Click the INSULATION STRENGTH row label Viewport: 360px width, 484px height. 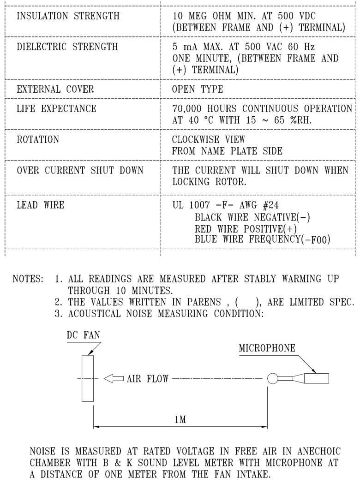point(68,16)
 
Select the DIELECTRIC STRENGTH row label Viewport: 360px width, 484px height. point(67,47)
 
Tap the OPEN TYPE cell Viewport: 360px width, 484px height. point(197,89)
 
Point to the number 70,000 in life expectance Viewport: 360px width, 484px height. point(187,108)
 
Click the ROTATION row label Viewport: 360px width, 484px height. point(38,139)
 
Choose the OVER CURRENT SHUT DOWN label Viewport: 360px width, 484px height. point(80,170)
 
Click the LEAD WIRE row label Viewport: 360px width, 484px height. point(41,205)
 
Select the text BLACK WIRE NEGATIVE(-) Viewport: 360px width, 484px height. point(252,217)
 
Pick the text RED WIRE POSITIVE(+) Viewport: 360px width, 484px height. point(246,229)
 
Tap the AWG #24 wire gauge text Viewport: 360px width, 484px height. point(259,205)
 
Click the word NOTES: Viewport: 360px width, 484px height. point(28,279)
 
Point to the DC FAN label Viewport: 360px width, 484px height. point(84,335)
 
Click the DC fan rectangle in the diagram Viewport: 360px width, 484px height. point(88,378)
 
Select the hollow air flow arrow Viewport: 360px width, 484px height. point(114,378)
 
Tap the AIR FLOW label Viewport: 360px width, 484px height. point(148,379)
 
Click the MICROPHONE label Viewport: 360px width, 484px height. point(267,348)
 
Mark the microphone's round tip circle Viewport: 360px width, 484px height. point(273,378)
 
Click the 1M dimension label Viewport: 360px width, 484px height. point(180,419)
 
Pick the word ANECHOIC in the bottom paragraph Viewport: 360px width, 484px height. point(319,451)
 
